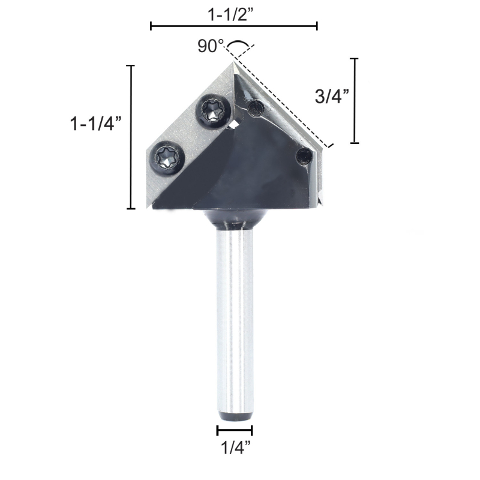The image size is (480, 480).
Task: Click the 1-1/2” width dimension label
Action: tap(232, 14)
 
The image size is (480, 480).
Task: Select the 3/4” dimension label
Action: tap(332, 97)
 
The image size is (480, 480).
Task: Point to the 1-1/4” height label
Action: tap(96, 124)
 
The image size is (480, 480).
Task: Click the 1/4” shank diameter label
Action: tap(235, 448)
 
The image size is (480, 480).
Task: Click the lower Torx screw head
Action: tap(167, 158)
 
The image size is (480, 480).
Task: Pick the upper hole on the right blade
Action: tap(256, 108)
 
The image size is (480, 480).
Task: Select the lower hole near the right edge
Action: tap(304, 157)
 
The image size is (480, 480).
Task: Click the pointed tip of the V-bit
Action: tap(233, 62)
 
